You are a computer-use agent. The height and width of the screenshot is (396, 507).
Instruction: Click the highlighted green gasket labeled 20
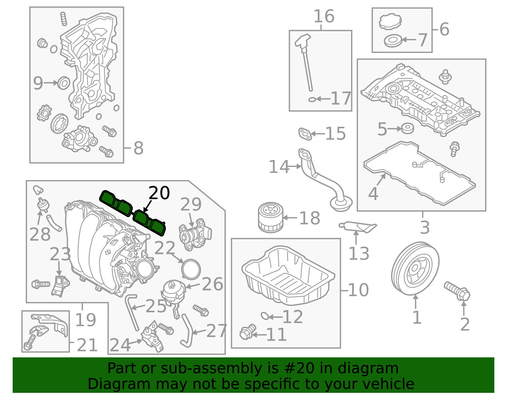tap(133, 212)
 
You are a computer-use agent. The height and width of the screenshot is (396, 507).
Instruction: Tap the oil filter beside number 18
tap(270, 217)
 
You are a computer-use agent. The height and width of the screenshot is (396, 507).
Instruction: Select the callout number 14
tap(279, 167)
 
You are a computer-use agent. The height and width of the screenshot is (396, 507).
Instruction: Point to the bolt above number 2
tap(457, 290)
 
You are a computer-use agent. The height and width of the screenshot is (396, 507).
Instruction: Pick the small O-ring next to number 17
tap(312, 100)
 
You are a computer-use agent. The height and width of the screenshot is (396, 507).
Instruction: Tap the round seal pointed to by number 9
tap(64, 83)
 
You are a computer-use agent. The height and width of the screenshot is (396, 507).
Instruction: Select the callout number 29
tap(191, 204)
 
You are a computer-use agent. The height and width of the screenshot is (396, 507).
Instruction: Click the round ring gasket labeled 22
tap(191, 269)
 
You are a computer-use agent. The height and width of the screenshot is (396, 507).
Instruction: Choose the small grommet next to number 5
tap(408, 128)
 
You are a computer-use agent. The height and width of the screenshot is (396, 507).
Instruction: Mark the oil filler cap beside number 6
tap(390, 22)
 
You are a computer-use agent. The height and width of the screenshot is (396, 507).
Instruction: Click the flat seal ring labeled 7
tap(393, 41)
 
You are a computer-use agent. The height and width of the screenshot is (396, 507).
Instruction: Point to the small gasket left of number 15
tap(305, 133)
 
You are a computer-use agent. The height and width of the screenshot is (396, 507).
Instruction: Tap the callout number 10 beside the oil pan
tap(358, 290)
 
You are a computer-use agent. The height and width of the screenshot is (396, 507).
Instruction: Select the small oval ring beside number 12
tap(265, 316)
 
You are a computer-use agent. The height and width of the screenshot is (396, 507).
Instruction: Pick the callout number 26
tap(212, 284)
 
